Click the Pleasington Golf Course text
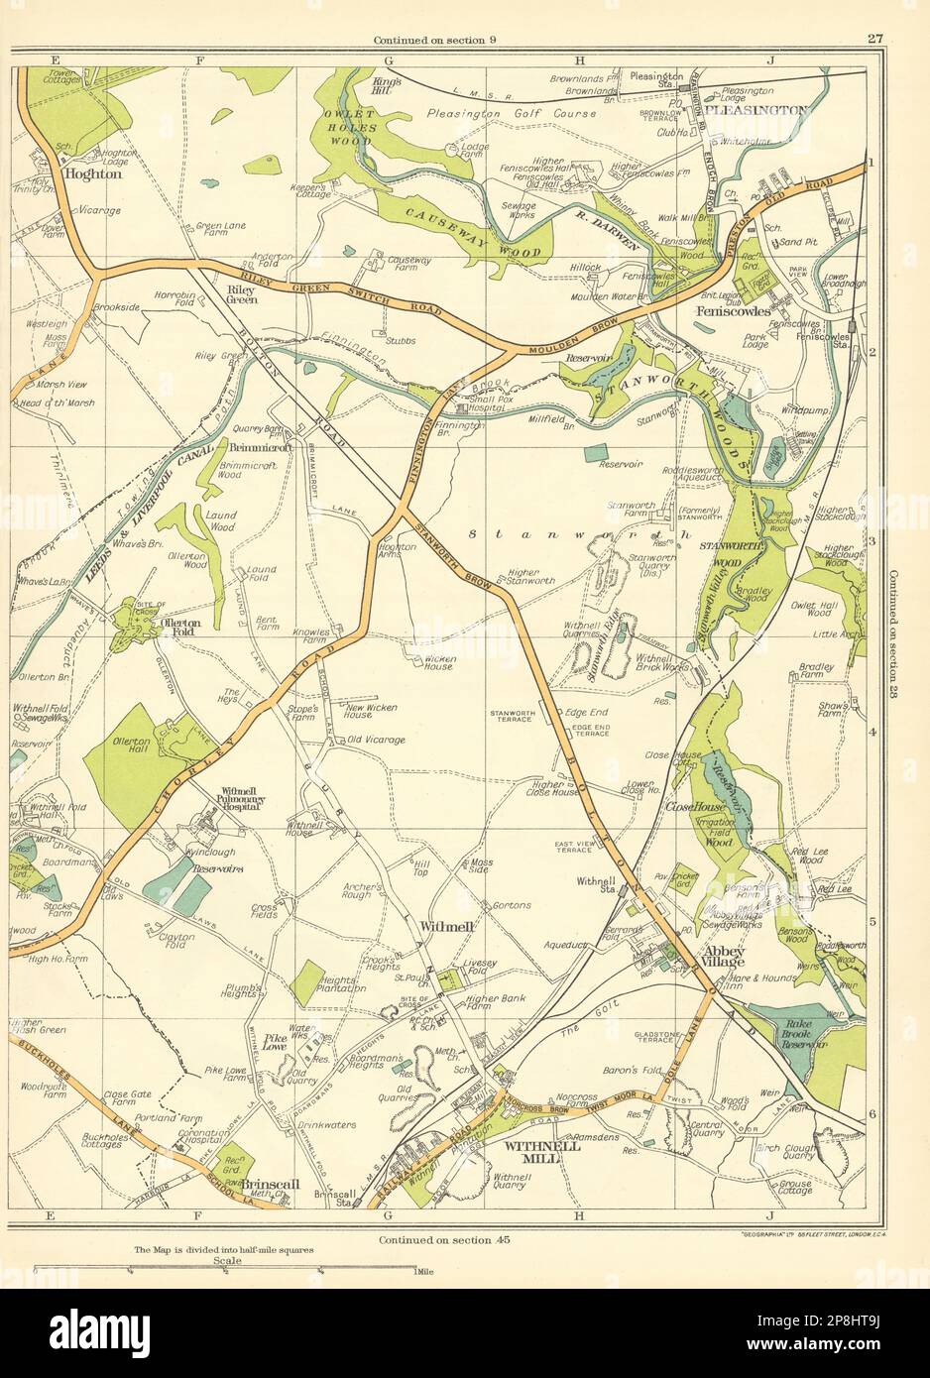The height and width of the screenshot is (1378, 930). tap(512, 114)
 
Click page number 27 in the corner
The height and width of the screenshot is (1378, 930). tap(873, 40)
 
